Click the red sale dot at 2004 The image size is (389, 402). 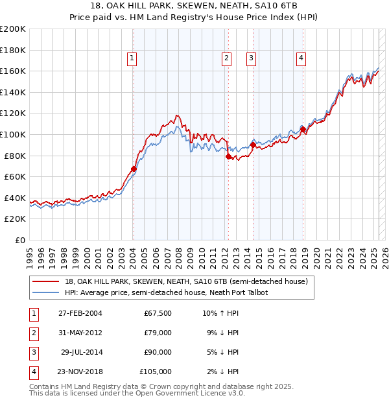point(134,169)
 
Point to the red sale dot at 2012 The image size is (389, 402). point(228,156)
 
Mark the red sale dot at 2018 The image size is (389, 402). point(303,129)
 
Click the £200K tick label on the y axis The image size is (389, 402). point(13,29)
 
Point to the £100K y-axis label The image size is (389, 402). point(13,134)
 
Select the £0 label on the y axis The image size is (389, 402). point(21,240)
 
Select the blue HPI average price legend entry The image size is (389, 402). point(166,292)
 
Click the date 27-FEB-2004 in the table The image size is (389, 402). point(80,313)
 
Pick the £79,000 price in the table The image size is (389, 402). point(158,333)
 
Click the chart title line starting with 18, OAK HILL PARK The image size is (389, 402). point(194,8)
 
